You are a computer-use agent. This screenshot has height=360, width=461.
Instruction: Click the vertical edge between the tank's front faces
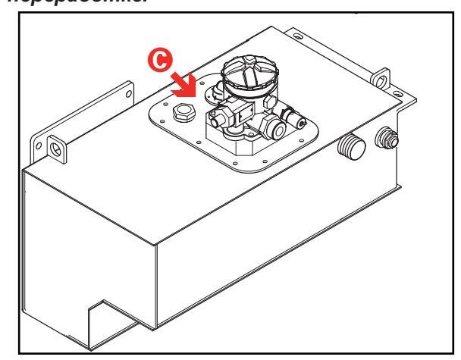(x=156, y=288)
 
